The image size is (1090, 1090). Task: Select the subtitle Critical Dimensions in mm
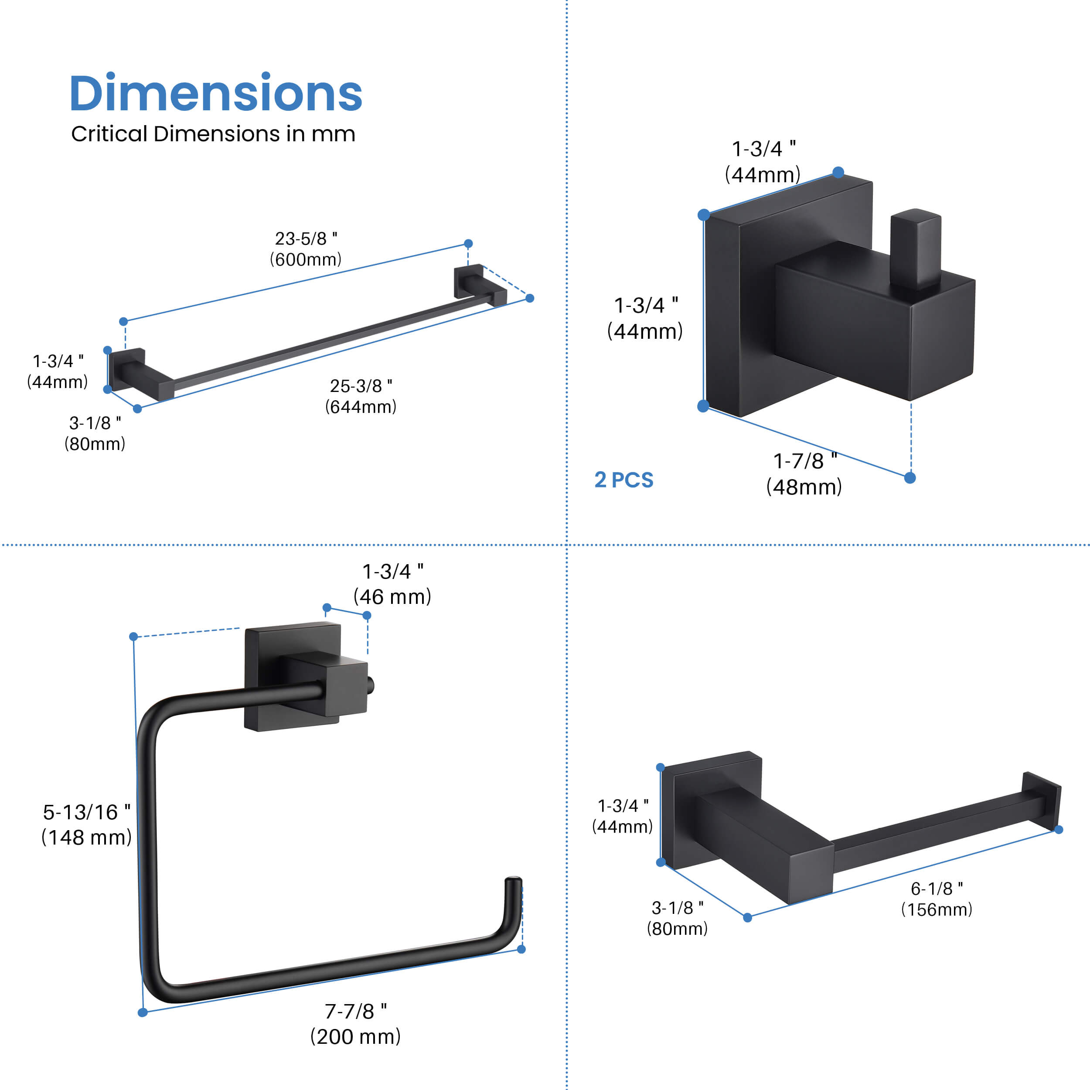[213, 134]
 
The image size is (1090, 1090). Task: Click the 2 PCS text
[624, 480]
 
